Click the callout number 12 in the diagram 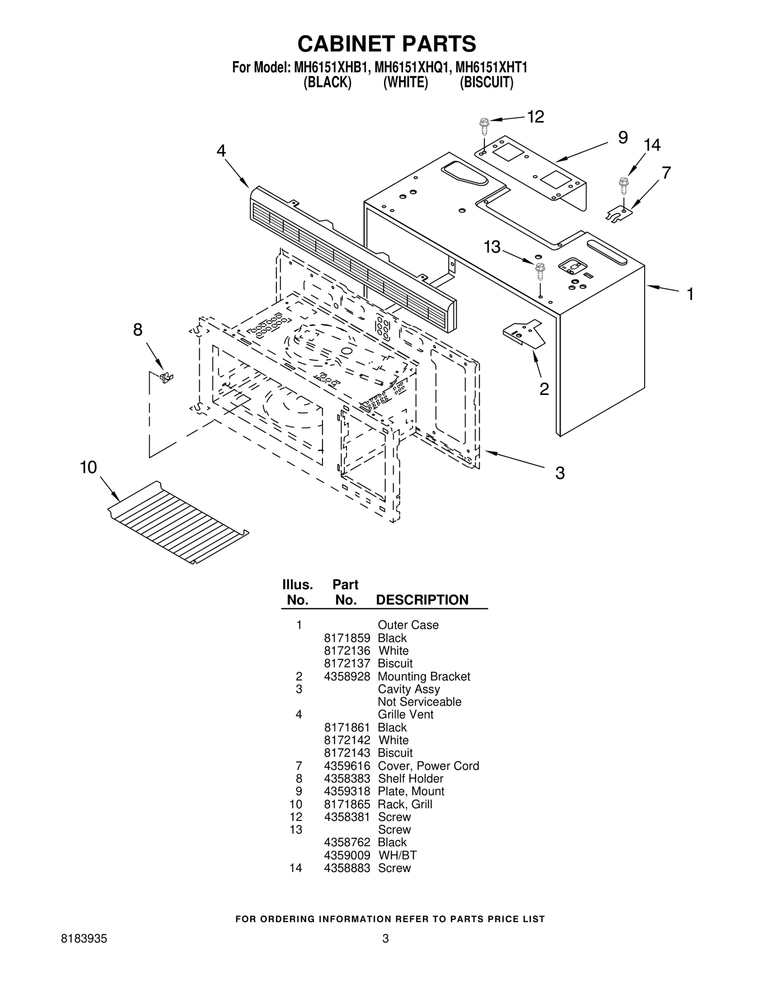[536, 116]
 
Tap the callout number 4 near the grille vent [221, 151]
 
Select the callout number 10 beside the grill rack [88, 467]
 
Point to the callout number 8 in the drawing [138, 330]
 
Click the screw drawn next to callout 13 [540, 272]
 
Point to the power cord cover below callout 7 [619, 214]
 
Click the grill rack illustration [178, 522]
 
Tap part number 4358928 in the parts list [347, 676]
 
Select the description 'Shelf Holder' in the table [410, 778]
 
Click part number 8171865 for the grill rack [347, 804]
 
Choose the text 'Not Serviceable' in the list [420, 702]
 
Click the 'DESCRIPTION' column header [422, 600]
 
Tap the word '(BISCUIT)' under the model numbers [487, 83]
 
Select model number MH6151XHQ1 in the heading [411, 67]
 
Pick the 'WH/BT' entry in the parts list [397, 855]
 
